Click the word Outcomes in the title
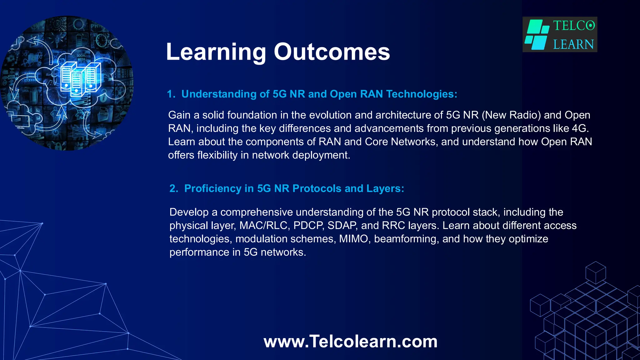(332, 52)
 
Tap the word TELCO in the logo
(574, 26)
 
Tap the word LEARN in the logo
(573, 44)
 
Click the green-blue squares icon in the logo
(537, 35)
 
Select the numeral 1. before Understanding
(171, 94)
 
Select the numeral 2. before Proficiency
(174, 188)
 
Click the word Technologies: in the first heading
(422, 94)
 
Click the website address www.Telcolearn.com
(350, 341)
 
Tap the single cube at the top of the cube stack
(595, 272)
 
